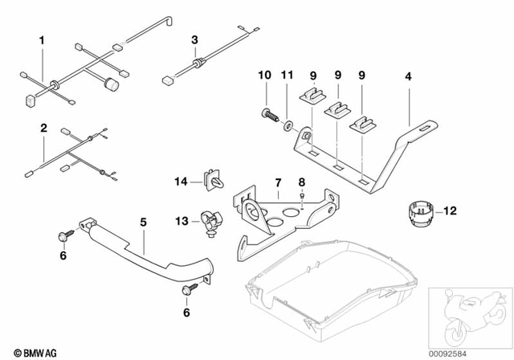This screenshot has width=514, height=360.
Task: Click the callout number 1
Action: click(x=43, y=38)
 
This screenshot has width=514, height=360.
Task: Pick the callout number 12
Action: click(x=450, y=211)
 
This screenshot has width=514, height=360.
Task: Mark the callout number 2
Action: click(x=43, y=128)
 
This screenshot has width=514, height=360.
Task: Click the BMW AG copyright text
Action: click(x=27, y=351)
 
